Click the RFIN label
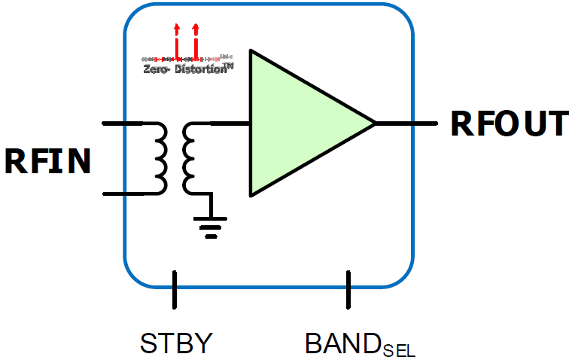coord(47,161)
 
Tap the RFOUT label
coord(509,124)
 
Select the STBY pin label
coord(177,343)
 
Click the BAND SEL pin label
coord(360,344)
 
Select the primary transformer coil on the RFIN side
coord(160,158)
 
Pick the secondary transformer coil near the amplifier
coord(190,158)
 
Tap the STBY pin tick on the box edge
coord(175,289)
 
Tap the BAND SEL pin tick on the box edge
coord(348,289)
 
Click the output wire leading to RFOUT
coord(406,123)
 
